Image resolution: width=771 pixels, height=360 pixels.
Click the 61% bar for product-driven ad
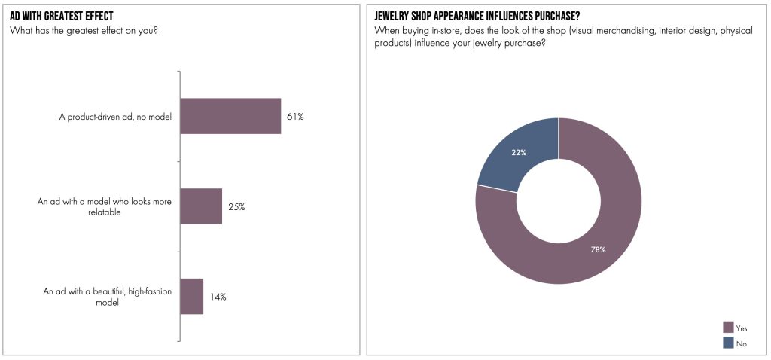click(x=230, y=116)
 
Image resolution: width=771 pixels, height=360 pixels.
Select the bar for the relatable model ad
click(x=201, y=206)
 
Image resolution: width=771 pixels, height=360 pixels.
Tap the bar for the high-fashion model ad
click(x=192, y=296)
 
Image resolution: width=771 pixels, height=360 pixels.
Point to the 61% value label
click(x=294, y=117)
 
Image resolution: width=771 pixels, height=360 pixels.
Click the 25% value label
click(x=236, y=207)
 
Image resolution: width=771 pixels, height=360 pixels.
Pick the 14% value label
click(x=218, y=297)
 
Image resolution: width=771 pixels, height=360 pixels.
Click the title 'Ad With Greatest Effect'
click(x=61, y=16)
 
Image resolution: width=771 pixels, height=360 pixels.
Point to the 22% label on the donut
click(x=518, y=152)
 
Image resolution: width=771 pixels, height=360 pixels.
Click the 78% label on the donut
click(x=598, y=249)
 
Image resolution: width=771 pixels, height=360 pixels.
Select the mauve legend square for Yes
click(x=728, y=328)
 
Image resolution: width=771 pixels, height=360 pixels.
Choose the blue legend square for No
click(x=728, y=343)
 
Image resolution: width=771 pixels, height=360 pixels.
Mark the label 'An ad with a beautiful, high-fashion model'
click(x=108, y=297)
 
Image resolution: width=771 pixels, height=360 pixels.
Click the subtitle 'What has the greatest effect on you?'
click(x=88, y=30)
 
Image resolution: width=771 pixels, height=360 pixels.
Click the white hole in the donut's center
click(x=558, y=200)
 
